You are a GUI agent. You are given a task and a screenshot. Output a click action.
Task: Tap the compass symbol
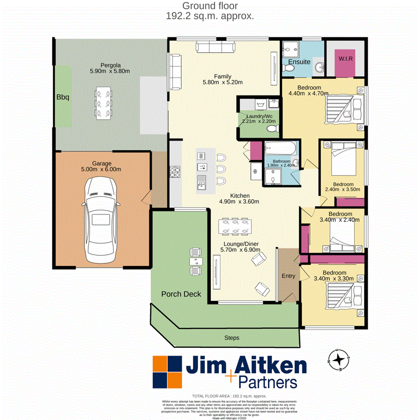click(x=341, y=360)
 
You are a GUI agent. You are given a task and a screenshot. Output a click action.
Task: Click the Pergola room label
click(x=110, y=65)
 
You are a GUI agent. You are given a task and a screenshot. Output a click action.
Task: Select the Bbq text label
click(x=63, y=98)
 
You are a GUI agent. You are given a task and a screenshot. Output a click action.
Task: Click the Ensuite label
click(x=299, y=62)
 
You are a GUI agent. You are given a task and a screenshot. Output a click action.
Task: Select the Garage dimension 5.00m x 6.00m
click(x=102, y=169)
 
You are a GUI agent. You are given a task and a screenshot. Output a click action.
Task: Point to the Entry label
click(x=288, y=276)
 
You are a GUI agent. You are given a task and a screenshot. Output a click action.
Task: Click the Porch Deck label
click(x=181, y=294)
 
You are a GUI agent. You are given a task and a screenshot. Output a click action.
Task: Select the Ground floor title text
click(x=210, y=6)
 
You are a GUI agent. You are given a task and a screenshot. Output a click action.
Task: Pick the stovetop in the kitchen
click(x=175, y=173)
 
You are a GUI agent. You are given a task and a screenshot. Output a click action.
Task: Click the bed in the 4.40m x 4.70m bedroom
click(x=339, y=110)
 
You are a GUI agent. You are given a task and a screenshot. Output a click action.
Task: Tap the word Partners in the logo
click(x=267, y=382)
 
